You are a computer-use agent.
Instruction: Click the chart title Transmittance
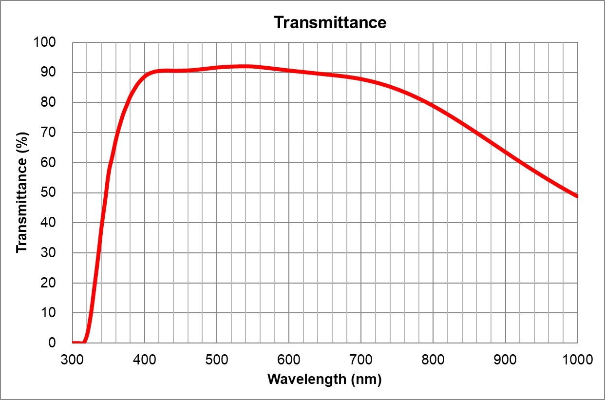pyautogui.click(x=330, y=22)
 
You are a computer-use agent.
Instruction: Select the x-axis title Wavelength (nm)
pyautogui.click(x=324, y=379)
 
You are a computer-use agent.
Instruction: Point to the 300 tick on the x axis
pyautogui.click(x=73, y=360)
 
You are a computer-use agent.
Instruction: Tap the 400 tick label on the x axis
pyautogui.click(x=145, y=360)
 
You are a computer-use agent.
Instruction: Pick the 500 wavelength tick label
pyautogui.click(x=217, y=360)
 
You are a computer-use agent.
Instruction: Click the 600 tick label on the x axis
pyautogui.click(x=289, y=360)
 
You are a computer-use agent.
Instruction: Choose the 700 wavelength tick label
pyautogui.click(x=361, y=360)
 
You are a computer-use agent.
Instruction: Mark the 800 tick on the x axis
pyautogui.click(x=433, y=360)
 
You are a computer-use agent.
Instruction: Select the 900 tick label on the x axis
pyautogui.click(x=505, y=360)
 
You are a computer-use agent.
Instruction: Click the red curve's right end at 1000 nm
pyautogui.click(x=577, y=196)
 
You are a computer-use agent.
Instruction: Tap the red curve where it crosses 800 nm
pyautogui.click(x=433, y=106)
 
